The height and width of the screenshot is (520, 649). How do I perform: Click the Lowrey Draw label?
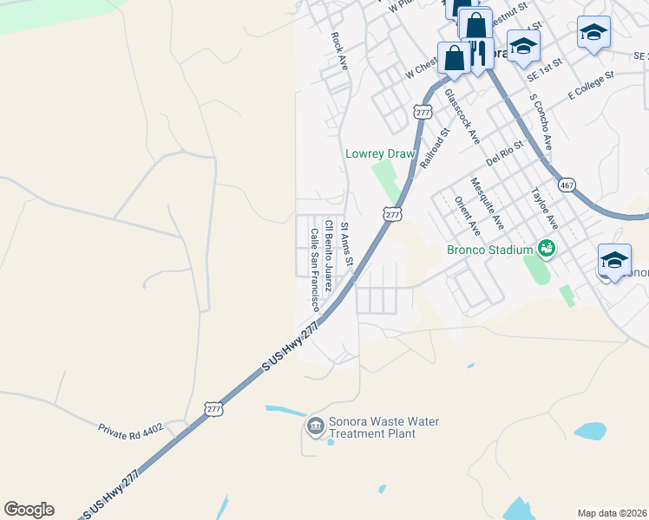tap(381, 153)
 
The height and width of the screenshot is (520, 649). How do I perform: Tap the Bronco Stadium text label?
tap(489, 250)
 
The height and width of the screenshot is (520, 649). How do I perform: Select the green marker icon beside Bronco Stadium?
tap(547, 249)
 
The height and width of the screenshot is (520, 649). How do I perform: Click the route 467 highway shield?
tap(567, 185)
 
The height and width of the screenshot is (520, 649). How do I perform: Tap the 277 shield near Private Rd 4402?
tap(213, 407)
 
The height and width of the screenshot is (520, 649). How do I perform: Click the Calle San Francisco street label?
tap(314, 270)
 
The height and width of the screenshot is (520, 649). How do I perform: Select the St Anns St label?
tap(347, 244)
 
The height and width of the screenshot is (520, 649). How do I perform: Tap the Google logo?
tap(29, 510)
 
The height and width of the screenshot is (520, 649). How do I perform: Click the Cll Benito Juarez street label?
tap(328, 256)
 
